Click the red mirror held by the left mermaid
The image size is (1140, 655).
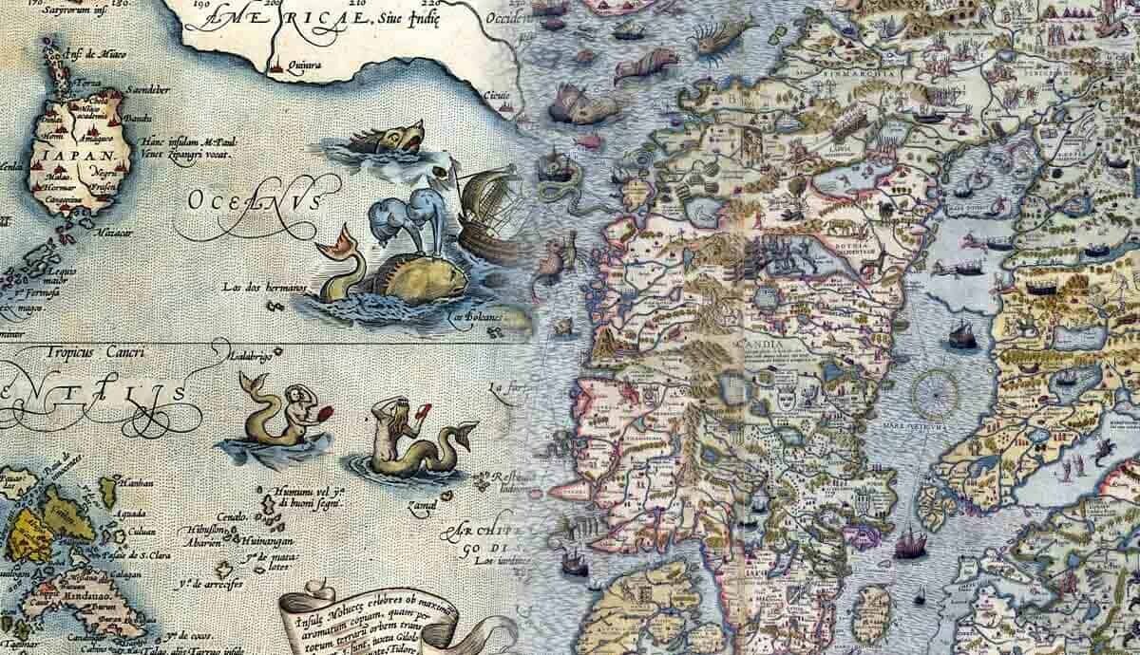point(328,412)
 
